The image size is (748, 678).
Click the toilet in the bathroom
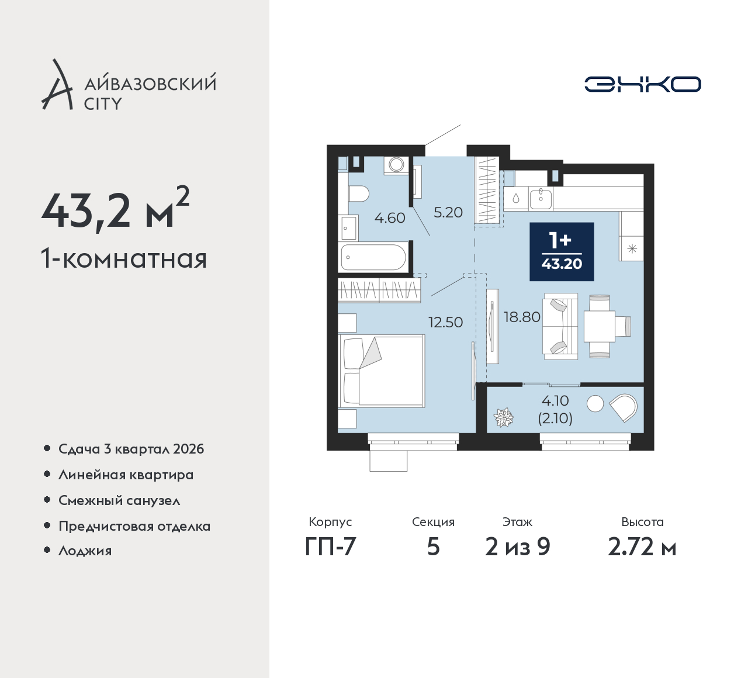point(359,194)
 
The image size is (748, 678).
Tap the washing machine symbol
point(397,164)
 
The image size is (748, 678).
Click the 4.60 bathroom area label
point(390,218)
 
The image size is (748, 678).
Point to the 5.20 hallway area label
point(448,213)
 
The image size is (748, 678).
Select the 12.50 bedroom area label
point(446,322)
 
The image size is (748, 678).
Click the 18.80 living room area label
point(522,317)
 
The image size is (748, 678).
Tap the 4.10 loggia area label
point(555,401)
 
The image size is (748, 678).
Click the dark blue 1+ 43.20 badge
point(562,251)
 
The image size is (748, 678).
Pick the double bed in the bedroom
point(382,371)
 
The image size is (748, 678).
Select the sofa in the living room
point(560,326)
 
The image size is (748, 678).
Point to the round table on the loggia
point(595,404)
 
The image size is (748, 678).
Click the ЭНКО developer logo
point(642,84)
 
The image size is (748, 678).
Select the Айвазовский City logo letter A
point(57,84)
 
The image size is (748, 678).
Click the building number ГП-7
point(330,547)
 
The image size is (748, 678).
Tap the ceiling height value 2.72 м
point(642,547)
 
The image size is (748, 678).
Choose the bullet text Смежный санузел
point(119,500)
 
